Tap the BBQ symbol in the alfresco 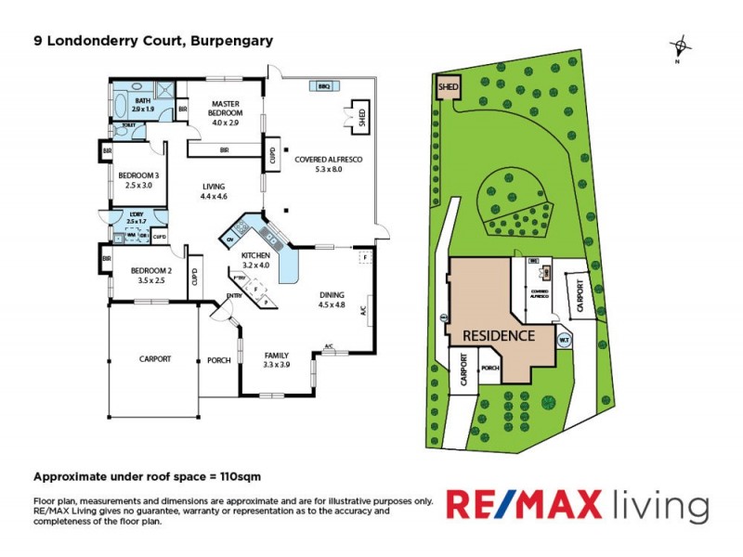click(324, 85)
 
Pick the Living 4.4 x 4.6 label click(215, 191)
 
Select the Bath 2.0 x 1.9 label click(143, 105)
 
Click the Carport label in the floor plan click(155, 358)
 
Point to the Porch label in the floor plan click(219, 360)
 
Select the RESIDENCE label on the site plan click(499, 335)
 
